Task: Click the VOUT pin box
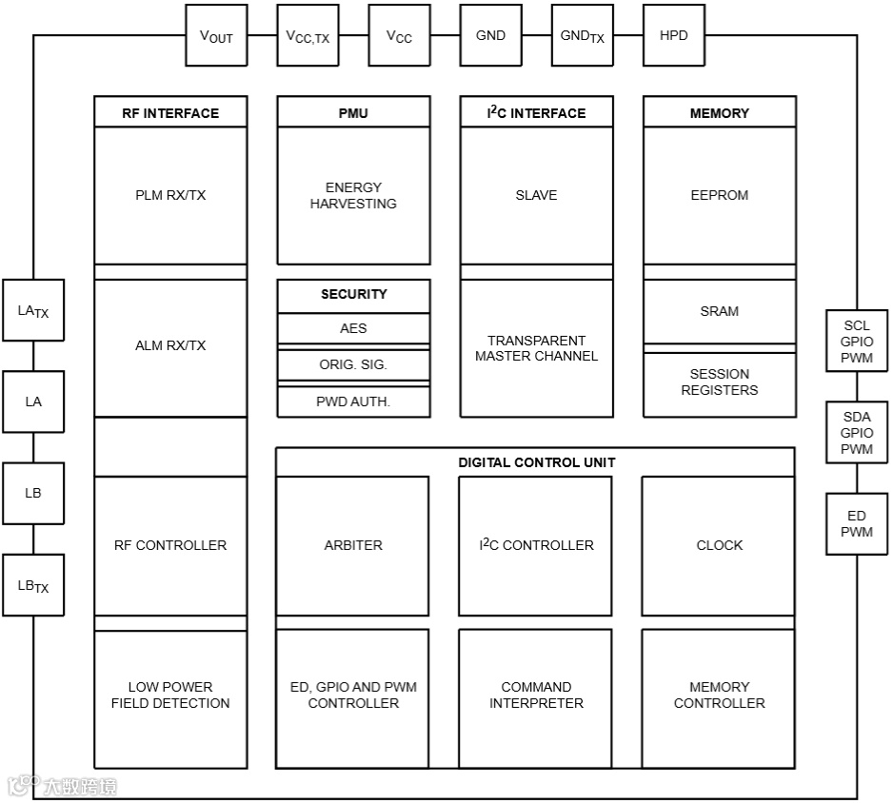pyautogui.click(x=216, y=36)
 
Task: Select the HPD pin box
pyautogui.click(x=673, y=36)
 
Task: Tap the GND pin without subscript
pyautogui.click(x=490, y=36)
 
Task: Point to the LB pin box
pyautogui.click(x=33, y=494)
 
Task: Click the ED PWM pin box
pyautogui.click(x=856, y=524)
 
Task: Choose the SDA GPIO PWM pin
pyautogui.click(x=856, y=433)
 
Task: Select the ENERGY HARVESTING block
pyautogui.click(x=353, y=196)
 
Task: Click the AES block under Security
pyautogui.click(x=353, y=328)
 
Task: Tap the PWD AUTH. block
pyautogui.click(x=353, y=401)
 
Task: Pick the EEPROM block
pyautogui.click(x=719, y=196)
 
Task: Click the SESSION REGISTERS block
pyautogui.click(x=719, y=382)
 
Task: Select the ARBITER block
pyautogui.click(x=352, y=545)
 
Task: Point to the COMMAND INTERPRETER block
pyautogui.click(x=536, y=695)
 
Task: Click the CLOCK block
pyautogui.click(x=719, y=545)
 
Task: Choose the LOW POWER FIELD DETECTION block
pyautogui.click(x=170, y=695)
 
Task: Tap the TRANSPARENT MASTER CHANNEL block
pyautogui.click(x=536, y=348)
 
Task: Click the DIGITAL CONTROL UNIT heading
pyautogui.click(x=536, y=462)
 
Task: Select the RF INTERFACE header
pyautogui.click(x=170, y=112)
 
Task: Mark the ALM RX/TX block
pyautogui.click(x=170, y=346)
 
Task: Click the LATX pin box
pyautogui.click(x=33, y=310)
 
